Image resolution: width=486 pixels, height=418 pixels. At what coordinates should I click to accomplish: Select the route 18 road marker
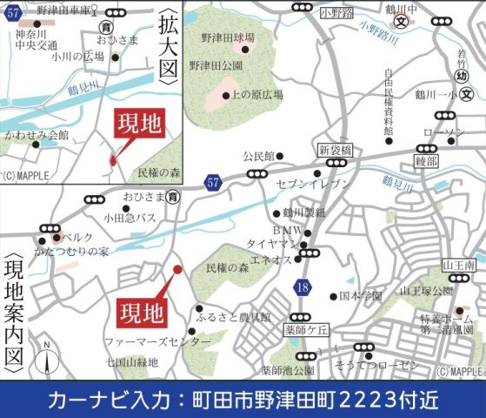click(302, 286)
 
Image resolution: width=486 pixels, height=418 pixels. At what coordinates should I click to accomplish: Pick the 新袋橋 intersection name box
click(335, 150)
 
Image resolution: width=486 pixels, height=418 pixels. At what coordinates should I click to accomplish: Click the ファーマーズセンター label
click(156, 342)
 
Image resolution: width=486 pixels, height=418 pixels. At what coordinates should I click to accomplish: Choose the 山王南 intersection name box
click(457, 264)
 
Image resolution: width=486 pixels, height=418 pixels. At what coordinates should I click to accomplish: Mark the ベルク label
click(79, 237)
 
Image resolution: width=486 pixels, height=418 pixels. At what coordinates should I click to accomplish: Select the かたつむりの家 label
click(79, 252)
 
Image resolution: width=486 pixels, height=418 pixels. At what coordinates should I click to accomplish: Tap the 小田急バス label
click(131, 218)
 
